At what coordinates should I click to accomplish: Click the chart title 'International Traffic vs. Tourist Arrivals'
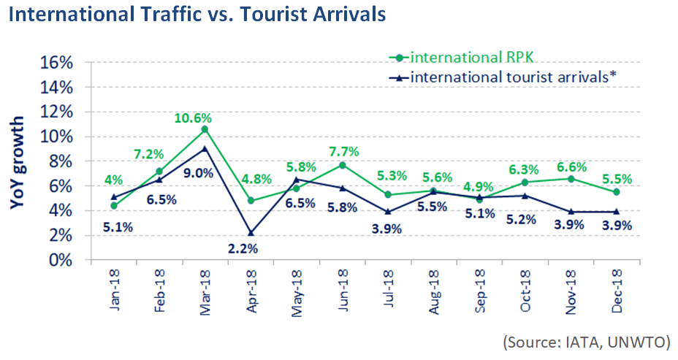197,15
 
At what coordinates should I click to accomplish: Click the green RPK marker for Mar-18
205,129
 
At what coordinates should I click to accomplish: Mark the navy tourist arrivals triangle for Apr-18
251,233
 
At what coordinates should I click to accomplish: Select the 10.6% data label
193,116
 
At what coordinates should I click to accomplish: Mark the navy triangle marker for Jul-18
388,212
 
